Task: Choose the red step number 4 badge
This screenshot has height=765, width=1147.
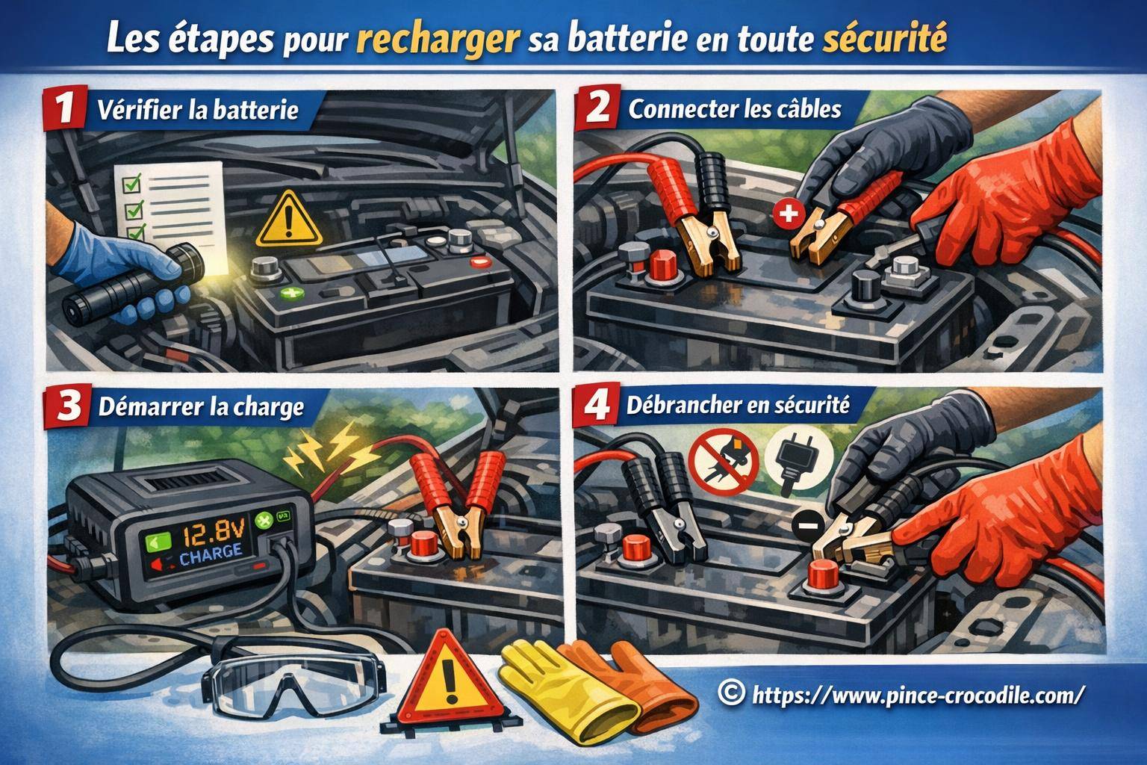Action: point(597,406)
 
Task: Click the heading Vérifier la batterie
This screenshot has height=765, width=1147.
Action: point(198,111)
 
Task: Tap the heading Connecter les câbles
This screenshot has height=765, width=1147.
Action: point(735,109)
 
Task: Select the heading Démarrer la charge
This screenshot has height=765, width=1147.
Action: point(201,407)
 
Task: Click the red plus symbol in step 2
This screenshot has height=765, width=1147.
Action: point(789,215)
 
